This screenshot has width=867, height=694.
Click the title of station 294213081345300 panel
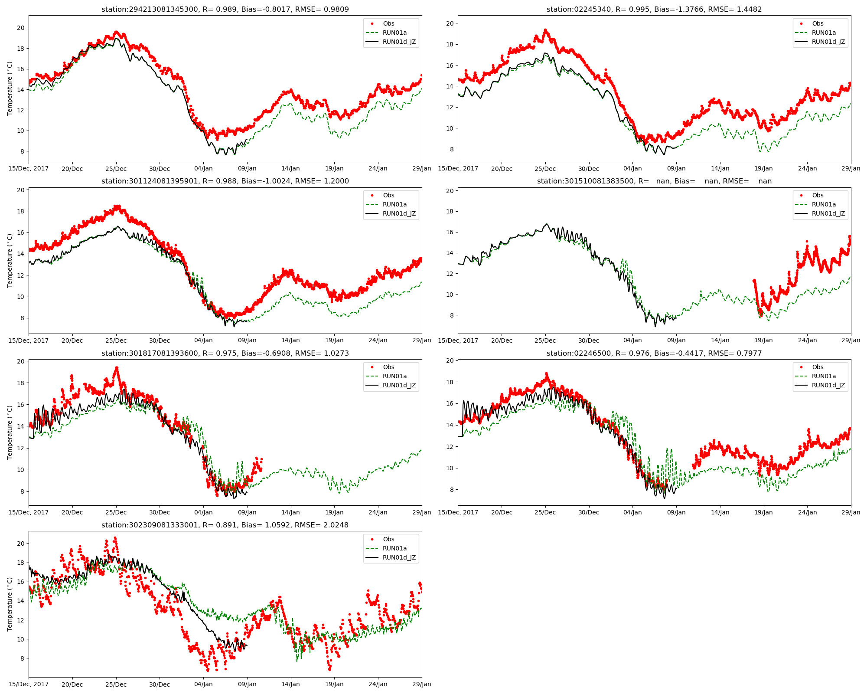225,9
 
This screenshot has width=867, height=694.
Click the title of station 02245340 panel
654,9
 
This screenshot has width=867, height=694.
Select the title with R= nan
654,181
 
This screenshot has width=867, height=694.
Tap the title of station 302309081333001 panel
225,525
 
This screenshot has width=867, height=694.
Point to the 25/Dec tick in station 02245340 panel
545,169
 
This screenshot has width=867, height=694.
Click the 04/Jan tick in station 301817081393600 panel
203,512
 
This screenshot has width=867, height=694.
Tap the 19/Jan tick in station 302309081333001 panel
334,684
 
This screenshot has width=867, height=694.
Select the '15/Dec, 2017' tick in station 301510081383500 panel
458,340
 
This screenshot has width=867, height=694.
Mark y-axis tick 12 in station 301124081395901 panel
20,275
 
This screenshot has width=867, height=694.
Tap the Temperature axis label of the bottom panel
10,604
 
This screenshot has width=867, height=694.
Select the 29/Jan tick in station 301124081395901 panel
421,340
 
